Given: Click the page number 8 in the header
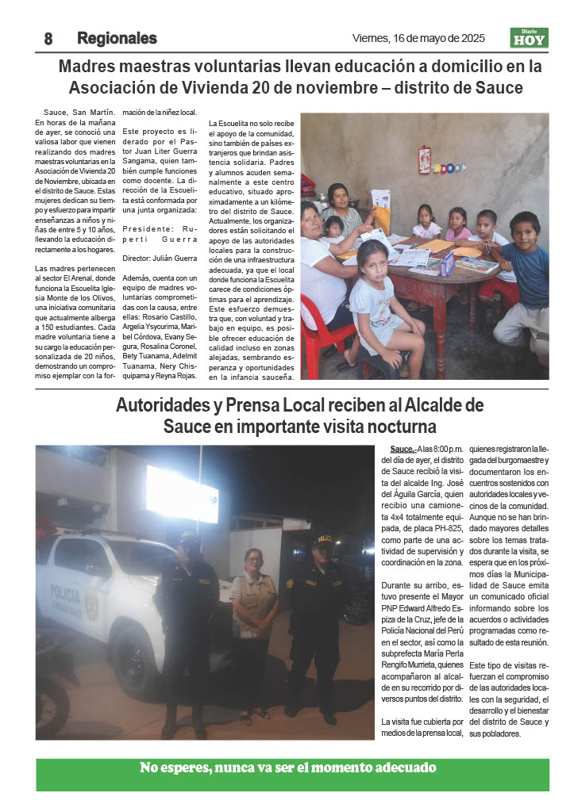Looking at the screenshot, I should (48, 38).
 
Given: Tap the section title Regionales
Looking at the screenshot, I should (117, 38).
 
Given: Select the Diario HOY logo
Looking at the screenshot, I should (529, 38).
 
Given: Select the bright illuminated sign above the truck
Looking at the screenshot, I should (182, 493).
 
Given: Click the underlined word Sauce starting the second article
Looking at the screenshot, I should (402, 450).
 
